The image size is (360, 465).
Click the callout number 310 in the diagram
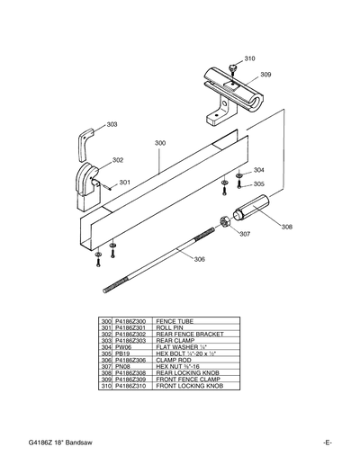249,58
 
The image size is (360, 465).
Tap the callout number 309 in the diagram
265,75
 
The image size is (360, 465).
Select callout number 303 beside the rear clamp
112,124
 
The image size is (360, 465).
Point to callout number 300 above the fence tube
159,143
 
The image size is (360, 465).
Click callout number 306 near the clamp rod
199,259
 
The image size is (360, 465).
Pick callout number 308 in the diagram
286,227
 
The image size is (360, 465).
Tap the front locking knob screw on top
232,66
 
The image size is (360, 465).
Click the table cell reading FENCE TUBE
171,321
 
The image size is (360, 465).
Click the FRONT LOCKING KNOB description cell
189,385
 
